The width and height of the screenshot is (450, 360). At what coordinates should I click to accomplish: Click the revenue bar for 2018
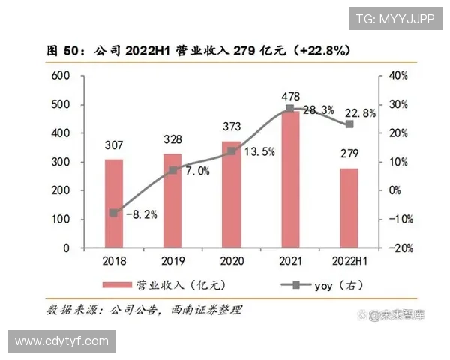[x=113, y=202]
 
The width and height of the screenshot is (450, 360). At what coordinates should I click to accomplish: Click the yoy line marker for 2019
[x=172, y=170]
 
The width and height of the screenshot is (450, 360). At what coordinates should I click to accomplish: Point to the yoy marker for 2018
[x=113, y=213]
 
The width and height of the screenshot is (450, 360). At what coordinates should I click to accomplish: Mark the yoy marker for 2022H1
[x=349, y=124]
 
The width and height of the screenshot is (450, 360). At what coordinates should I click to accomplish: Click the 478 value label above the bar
[x=289, y=96]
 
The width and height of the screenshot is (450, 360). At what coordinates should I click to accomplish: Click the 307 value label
[x=113, y=146]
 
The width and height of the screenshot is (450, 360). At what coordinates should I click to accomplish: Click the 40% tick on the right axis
[x=397, y=76]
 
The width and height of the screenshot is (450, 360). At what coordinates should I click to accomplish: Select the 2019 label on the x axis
[x=172, y=262]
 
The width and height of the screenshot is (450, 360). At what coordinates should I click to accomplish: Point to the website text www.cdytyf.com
[x=61, y=340]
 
